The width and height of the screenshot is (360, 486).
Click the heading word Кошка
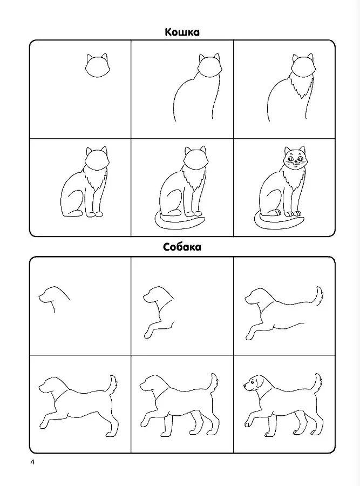tap(182, 32)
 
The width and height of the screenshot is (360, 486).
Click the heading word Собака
tap(182, 247)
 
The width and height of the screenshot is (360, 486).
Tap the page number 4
tap(32, 462)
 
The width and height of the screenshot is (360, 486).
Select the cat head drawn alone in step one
tap(97, 66)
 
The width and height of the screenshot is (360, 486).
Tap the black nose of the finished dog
tap(244, 386)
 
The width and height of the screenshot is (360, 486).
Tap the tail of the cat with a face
tap(279, 223)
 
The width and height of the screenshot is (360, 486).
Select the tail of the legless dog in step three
tap(319, 296)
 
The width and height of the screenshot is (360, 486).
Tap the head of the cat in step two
tap(209, 66)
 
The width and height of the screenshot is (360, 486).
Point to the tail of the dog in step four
tap(113, 384)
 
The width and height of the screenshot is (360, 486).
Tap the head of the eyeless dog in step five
tap(154, 386)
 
